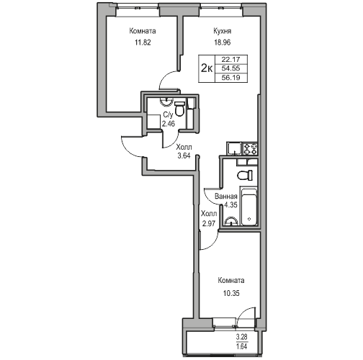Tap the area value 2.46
point(168,124)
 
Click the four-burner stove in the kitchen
point(251,150)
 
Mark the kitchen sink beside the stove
point(234,150)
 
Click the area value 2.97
point(208,224)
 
